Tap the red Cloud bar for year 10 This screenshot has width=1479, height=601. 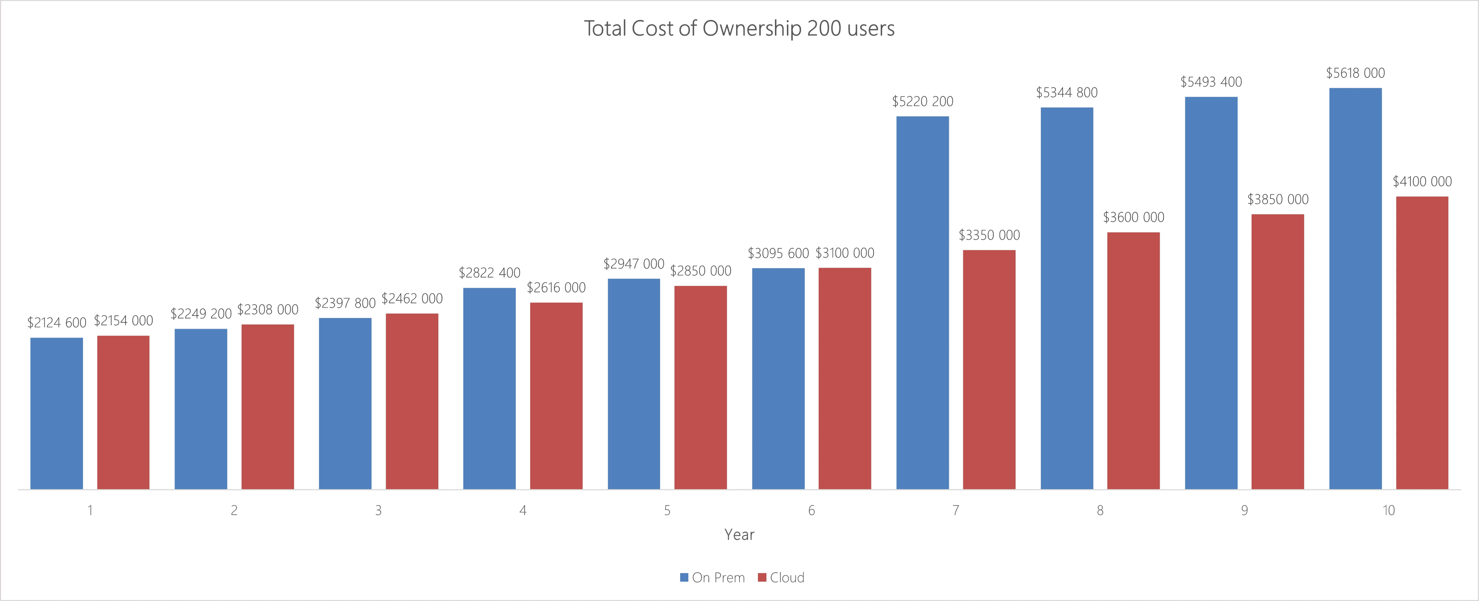click(x=1422, y=343)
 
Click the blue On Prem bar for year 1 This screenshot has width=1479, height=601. click(x=56, y=414)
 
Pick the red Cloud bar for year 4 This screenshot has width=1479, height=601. click(x=556, y=396)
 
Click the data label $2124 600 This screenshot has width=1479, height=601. click(x=56, y=323)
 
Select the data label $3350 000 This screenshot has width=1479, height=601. click(x=989, y=235)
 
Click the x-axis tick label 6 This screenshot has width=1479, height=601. click(x=811, y=510)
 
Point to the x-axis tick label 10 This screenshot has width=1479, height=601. click(x=1388, y=510)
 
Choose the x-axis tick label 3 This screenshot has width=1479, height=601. click(x=378, y=510)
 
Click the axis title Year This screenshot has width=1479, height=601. click(x=739, y=535)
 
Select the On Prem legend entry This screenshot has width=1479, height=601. click(x=713, y=577)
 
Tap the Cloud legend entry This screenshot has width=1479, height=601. click(x=781, y=577)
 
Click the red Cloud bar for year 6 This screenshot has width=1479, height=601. click(x=845, y=379)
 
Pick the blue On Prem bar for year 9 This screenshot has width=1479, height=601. click(x=1211, y=293)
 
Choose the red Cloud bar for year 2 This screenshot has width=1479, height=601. click(x=268, y=407)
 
